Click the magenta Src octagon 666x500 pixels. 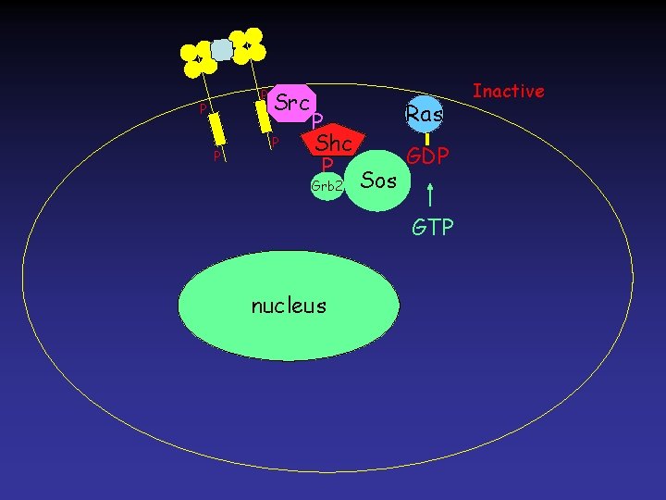(291, 104)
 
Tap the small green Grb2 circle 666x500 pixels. (327, 185)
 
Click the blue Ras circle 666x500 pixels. (425, 113)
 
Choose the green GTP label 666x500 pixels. (432, 227)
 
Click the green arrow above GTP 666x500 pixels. (431, 195)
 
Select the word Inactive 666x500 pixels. (508, 91)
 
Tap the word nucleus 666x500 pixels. (289, 305)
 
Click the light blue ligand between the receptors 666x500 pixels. (222, 50)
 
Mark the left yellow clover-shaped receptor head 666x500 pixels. (198, 58)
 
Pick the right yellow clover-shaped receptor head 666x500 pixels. (247, 43)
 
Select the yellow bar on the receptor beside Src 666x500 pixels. (264, 114)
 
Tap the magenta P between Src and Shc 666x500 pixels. (316, 122)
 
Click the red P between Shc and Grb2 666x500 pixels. (326, 165)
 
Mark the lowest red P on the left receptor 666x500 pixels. (216, 156)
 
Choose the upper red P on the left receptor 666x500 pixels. (202, 110)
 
